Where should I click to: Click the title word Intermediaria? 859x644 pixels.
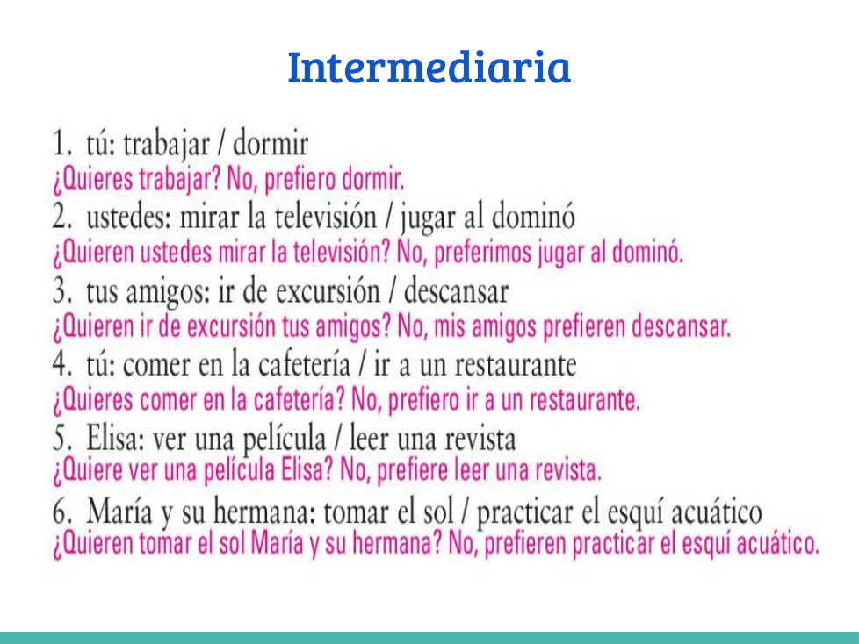click(x=429, y=67)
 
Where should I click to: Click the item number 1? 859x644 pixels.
click(x=61, y=144)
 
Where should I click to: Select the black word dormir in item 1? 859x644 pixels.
click(x=271, y=144)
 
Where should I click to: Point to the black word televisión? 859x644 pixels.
click(x=325, y=217)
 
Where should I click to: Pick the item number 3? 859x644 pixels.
click(x=61, y=290)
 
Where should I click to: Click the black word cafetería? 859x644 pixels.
click(x=304, y=364)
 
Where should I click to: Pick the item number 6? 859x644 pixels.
click(x=61, y=512)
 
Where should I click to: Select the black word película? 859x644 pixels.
click(x=284, y=439)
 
